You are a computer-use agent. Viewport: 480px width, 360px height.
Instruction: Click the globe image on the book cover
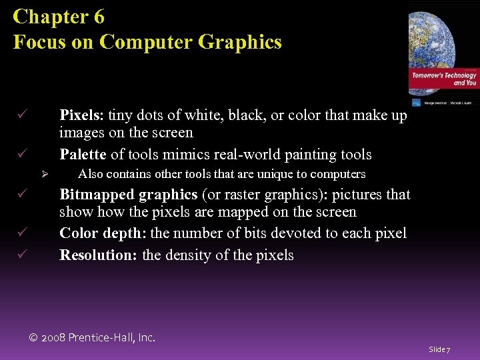point(440,33)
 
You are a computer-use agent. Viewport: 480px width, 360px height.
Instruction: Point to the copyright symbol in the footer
point(35,338)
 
